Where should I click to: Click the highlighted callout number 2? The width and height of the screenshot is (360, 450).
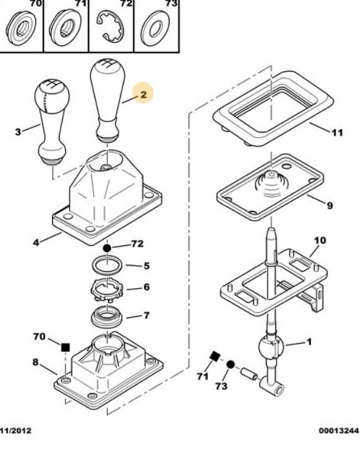coord(143,94)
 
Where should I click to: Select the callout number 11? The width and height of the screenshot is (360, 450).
coord(337,132)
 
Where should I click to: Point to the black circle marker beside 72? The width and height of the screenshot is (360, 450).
coord(106,249)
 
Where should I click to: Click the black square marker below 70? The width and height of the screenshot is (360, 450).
coord(66,347)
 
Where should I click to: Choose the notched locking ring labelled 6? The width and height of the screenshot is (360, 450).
coord(106,291)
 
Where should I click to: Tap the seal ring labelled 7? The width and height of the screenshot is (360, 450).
coord(107,317)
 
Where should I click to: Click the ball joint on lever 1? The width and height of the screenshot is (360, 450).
coord(271,347)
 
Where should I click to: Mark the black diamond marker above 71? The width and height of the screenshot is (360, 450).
coord(215,357)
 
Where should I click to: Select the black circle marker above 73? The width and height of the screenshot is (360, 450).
coord(230,365)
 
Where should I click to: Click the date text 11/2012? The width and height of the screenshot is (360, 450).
coord(15,431)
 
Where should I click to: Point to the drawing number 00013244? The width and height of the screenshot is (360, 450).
coord(339,431)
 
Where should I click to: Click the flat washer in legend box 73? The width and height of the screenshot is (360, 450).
coord(155,28)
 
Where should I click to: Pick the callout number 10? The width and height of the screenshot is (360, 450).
coord(320,240)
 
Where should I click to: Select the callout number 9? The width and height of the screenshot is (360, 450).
coord(330,205)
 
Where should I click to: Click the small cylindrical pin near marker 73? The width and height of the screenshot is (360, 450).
coord(249,374)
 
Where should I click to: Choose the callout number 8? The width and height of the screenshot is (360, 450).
coord(35,362)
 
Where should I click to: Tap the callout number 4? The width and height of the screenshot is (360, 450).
coord(36,243)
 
